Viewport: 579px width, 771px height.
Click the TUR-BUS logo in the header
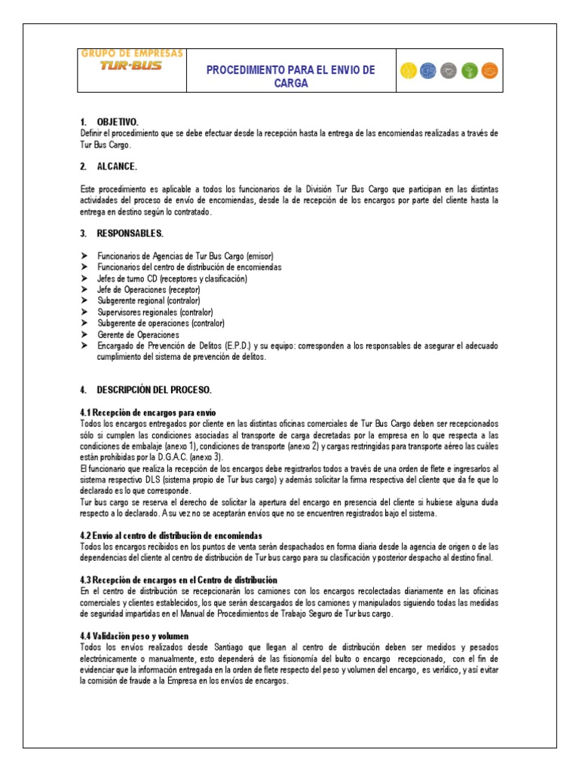(x=131, y=65)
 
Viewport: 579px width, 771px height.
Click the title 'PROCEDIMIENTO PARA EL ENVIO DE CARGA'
(x=290, y=77)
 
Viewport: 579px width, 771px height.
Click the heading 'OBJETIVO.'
(x=117, y=121)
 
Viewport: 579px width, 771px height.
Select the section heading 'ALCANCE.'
(x=117, y=166)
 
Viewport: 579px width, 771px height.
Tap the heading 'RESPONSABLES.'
(x=130, y=233)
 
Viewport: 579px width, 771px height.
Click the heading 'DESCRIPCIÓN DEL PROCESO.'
(x=154, y=390)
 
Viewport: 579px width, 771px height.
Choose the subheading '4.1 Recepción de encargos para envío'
(x=148, y=413)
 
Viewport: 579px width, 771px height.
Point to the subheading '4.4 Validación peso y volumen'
(x=134, y=636)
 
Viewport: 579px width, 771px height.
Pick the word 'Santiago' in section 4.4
(x=216, y=648)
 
